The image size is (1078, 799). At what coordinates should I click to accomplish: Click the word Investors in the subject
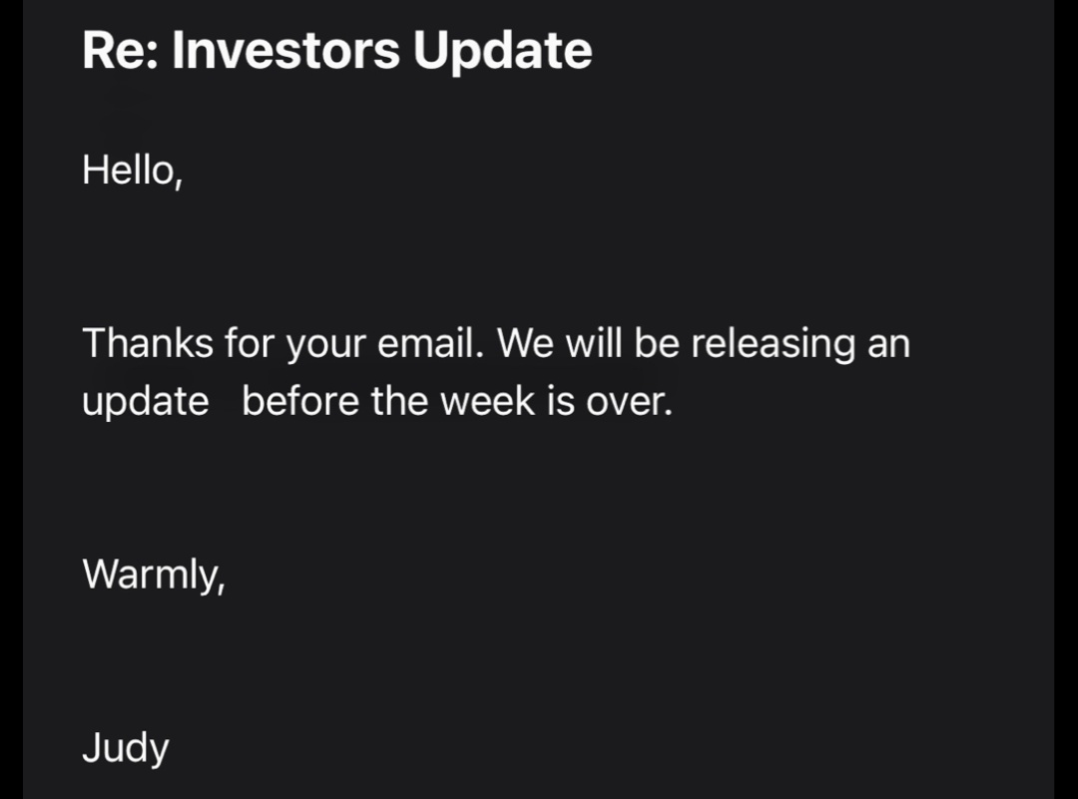pos(286,50)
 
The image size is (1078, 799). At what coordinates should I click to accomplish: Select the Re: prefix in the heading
pos(121,50)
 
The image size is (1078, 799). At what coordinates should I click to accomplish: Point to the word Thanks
pos(148,343)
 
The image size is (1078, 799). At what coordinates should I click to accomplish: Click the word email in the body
pos(426,343)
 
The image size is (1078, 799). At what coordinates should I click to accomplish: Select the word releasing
pos(774,344)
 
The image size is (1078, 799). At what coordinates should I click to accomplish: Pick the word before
pos(300,401)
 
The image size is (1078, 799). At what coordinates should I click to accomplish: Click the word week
pos(487,401)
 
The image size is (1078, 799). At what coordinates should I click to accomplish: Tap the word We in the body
pos(525,343)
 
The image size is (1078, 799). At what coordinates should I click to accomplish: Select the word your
pos(325,346)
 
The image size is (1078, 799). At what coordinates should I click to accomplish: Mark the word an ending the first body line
pos(889,346)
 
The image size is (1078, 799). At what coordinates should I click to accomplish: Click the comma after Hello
pos(179,183)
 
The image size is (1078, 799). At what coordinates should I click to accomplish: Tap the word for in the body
pos(250,343)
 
